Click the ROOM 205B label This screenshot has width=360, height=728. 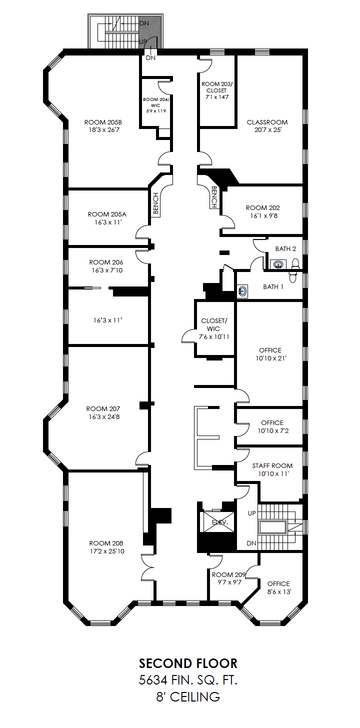point(103,122)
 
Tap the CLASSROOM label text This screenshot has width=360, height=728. point(267,122)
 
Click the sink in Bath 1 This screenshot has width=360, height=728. point(242,290)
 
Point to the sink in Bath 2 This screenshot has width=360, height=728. point(278,264)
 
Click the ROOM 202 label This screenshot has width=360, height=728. point(263,207)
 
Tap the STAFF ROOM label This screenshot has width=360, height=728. point(272,465)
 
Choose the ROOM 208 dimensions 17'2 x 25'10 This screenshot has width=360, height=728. point(107,551)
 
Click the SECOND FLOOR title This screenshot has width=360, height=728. point(188,663)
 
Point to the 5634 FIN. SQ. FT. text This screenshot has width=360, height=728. point(188,680)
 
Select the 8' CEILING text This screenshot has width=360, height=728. point(188,697)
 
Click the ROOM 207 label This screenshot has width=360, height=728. point(103,409)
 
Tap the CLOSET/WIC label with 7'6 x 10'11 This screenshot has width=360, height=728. point(214,328)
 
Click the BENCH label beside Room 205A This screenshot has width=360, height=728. point(156,203)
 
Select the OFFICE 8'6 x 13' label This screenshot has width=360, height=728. point(279,587)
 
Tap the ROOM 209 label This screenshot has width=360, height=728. point(228,574)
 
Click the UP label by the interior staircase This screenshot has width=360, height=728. point(252,513)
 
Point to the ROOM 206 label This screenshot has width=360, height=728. point(106,262)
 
